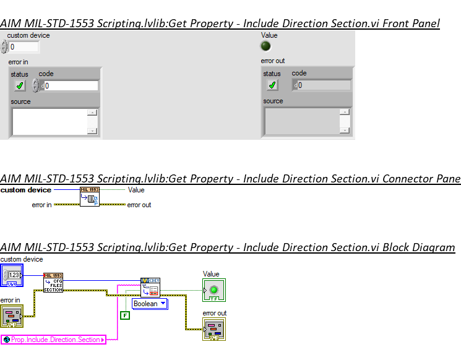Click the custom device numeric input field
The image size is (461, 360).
(x=23, y=47)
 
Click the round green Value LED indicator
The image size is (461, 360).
(x=266, y=46)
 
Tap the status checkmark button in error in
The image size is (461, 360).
(x=20, y=85)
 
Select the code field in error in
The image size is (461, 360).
(x=71, y=86)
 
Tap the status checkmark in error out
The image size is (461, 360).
(x=272, y=85)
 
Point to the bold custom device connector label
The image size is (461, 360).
(x=26, y=190)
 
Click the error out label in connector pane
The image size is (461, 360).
(x=139, y=205)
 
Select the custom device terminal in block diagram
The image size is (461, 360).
(x=12, y=275)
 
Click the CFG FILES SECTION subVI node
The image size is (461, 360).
(x=53, y=282)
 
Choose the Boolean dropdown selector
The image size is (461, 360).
(x=150, y=304)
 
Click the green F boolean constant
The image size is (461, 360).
(x=124, y=315)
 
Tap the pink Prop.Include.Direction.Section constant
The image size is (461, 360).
(x=54, y=340)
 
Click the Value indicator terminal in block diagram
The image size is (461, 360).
(x=214, y=289)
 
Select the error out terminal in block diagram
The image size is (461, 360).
(x=214, y=328)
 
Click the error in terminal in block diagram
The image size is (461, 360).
(x=12, y=315)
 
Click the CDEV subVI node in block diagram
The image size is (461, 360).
(x=150, y=287)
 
